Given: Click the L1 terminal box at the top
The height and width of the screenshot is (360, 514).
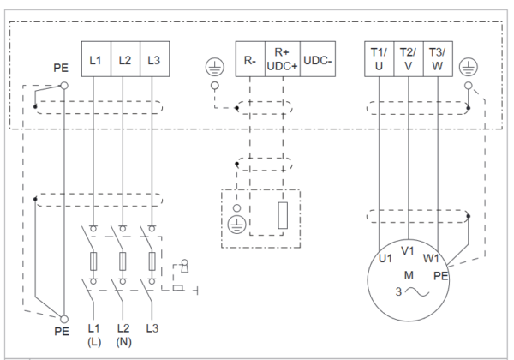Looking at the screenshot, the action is coord(96,59).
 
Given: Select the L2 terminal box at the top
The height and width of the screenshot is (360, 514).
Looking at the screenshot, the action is coord(126,59).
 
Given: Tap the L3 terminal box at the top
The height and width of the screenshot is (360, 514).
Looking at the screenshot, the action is coord(155,59).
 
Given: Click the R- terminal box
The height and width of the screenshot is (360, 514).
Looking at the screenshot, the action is coord(250,59).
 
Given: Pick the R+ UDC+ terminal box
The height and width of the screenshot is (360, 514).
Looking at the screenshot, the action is coord(282,59).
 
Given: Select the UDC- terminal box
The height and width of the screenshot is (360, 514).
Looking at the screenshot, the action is coord(318,59).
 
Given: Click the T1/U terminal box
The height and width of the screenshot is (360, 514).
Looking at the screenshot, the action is coord(380,59).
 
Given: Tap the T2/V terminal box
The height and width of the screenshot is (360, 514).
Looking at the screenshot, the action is coord(409,59).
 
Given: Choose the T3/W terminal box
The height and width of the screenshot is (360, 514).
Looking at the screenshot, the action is coord(438,59).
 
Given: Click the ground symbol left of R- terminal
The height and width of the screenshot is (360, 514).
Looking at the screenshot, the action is coord(215,67).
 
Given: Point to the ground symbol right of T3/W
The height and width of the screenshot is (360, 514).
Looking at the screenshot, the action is coord(469,67).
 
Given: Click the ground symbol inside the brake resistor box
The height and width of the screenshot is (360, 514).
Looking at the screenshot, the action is coord(236,225).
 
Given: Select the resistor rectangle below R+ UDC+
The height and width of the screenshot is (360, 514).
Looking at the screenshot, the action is coord(283,215).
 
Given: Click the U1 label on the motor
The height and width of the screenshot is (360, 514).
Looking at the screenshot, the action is coord(385,259).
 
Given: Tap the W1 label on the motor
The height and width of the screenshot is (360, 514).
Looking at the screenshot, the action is coord(431,259).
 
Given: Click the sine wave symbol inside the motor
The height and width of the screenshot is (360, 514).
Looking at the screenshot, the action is coord(417,291).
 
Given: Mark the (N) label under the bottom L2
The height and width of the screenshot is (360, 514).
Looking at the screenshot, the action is coord(123,342).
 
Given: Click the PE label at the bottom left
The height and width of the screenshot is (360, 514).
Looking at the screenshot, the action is coord(62,331).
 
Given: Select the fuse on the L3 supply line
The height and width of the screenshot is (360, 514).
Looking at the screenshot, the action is coord(152,261).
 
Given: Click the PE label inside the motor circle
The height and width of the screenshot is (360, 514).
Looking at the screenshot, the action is coord(440,276).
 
